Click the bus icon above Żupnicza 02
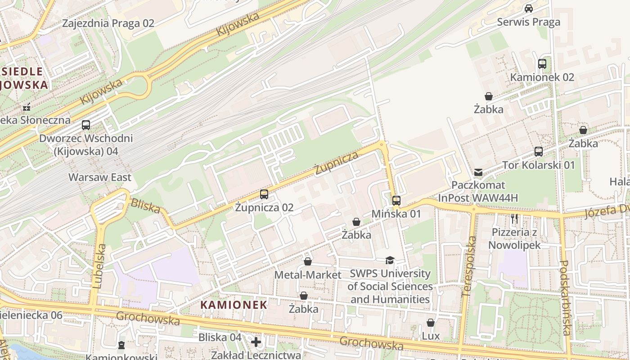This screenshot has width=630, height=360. click(264, 194)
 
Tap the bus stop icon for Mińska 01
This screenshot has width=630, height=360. click(396, 201)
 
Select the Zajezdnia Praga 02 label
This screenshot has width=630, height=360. click(108, 23)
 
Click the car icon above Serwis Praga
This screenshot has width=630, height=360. click(529, 9)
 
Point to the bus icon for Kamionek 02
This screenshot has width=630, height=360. click(542, 64)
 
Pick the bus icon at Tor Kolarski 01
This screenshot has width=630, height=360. click(539, 152)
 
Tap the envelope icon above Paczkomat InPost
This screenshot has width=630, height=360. click(478, 172)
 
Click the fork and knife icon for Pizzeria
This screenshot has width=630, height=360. click(515, 219)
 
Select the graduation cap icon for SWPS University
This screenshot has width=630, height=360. click(390, 261)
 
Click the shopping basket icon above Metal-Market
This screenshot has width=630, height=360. click(308, 261)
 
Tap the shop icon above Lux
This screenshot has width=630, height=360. click(431, 323)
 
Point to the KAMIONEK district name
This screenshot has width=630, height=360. click(234, 305)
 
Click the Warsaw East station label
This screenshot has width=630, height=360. click(100, 177)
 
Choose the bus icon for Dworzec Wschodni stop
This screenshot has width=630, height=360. click(85, 125)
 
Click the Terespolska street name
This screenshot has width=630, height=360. click(469, 266)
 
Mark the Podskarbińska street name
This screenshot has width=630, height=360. click(565, 297)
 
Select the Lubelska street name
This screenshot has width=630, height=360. click(99, 266)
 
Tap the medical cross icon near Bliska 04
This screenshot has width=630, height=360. click(256, 342)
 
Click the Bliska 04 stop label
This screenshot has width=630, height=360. click(220, 337)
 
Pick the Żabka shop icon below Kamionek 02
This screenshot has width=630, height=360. click(488, 96)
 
